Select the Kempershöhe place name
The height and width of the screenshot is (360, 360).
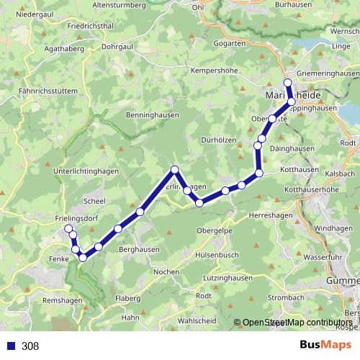click(215, 71)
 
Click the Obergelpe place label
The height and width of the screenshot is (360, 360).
click(215, 230)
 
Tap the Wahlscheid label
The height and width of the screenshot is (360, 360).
click(198, 320)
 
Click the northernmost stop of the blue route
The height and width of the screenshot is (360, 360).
click(288, 83)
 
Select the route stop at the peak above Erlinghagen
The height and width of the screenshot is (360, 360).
click(174, 170)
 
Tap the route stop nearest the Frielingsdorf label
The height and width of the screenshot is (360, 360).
click(69, 229)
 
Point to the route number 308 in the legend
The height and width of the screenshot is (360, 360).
click(30, 346)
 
